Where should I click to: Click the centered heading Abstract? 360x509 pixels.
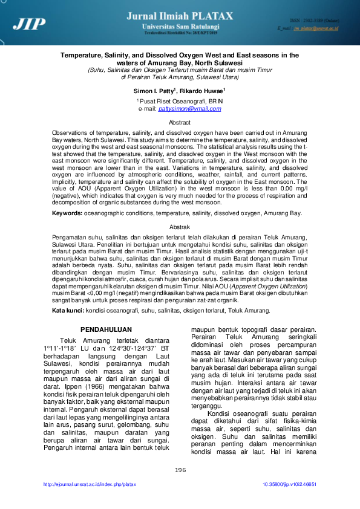click(x=179, y=122)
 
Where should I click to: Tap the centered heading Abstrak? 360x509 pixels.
click(x=179, y=226)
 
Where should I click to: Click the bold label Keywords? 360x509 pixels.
click(x=67, y=213)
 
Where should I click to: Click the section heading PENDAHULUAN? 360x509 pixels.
click(x=106, y=329)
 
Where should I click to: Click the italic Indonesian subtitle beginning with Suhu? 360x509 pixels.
click(x=179, y=70)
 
